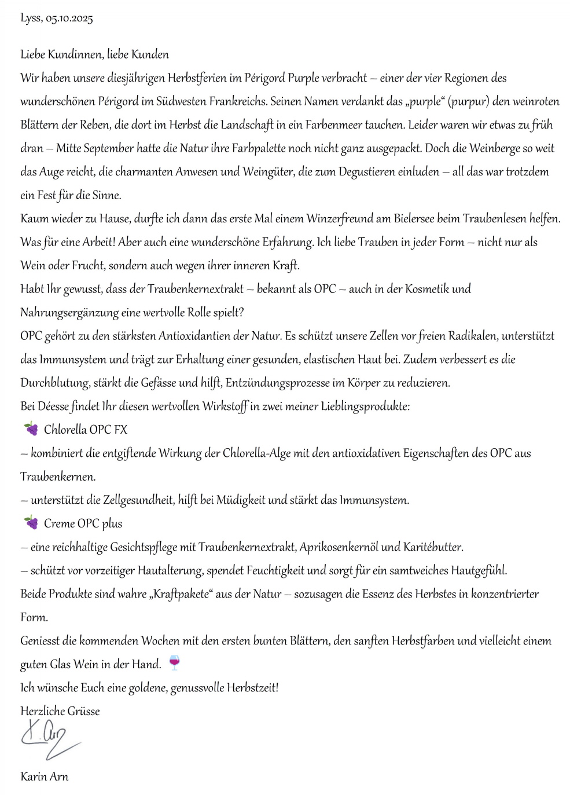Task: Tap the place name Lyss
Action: pos(30,19)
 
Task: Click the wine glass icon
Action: pos(174,662)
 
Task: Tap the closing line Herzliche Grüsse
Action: pos(60,711)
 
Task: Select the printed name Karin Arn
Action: pos(45,776)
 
